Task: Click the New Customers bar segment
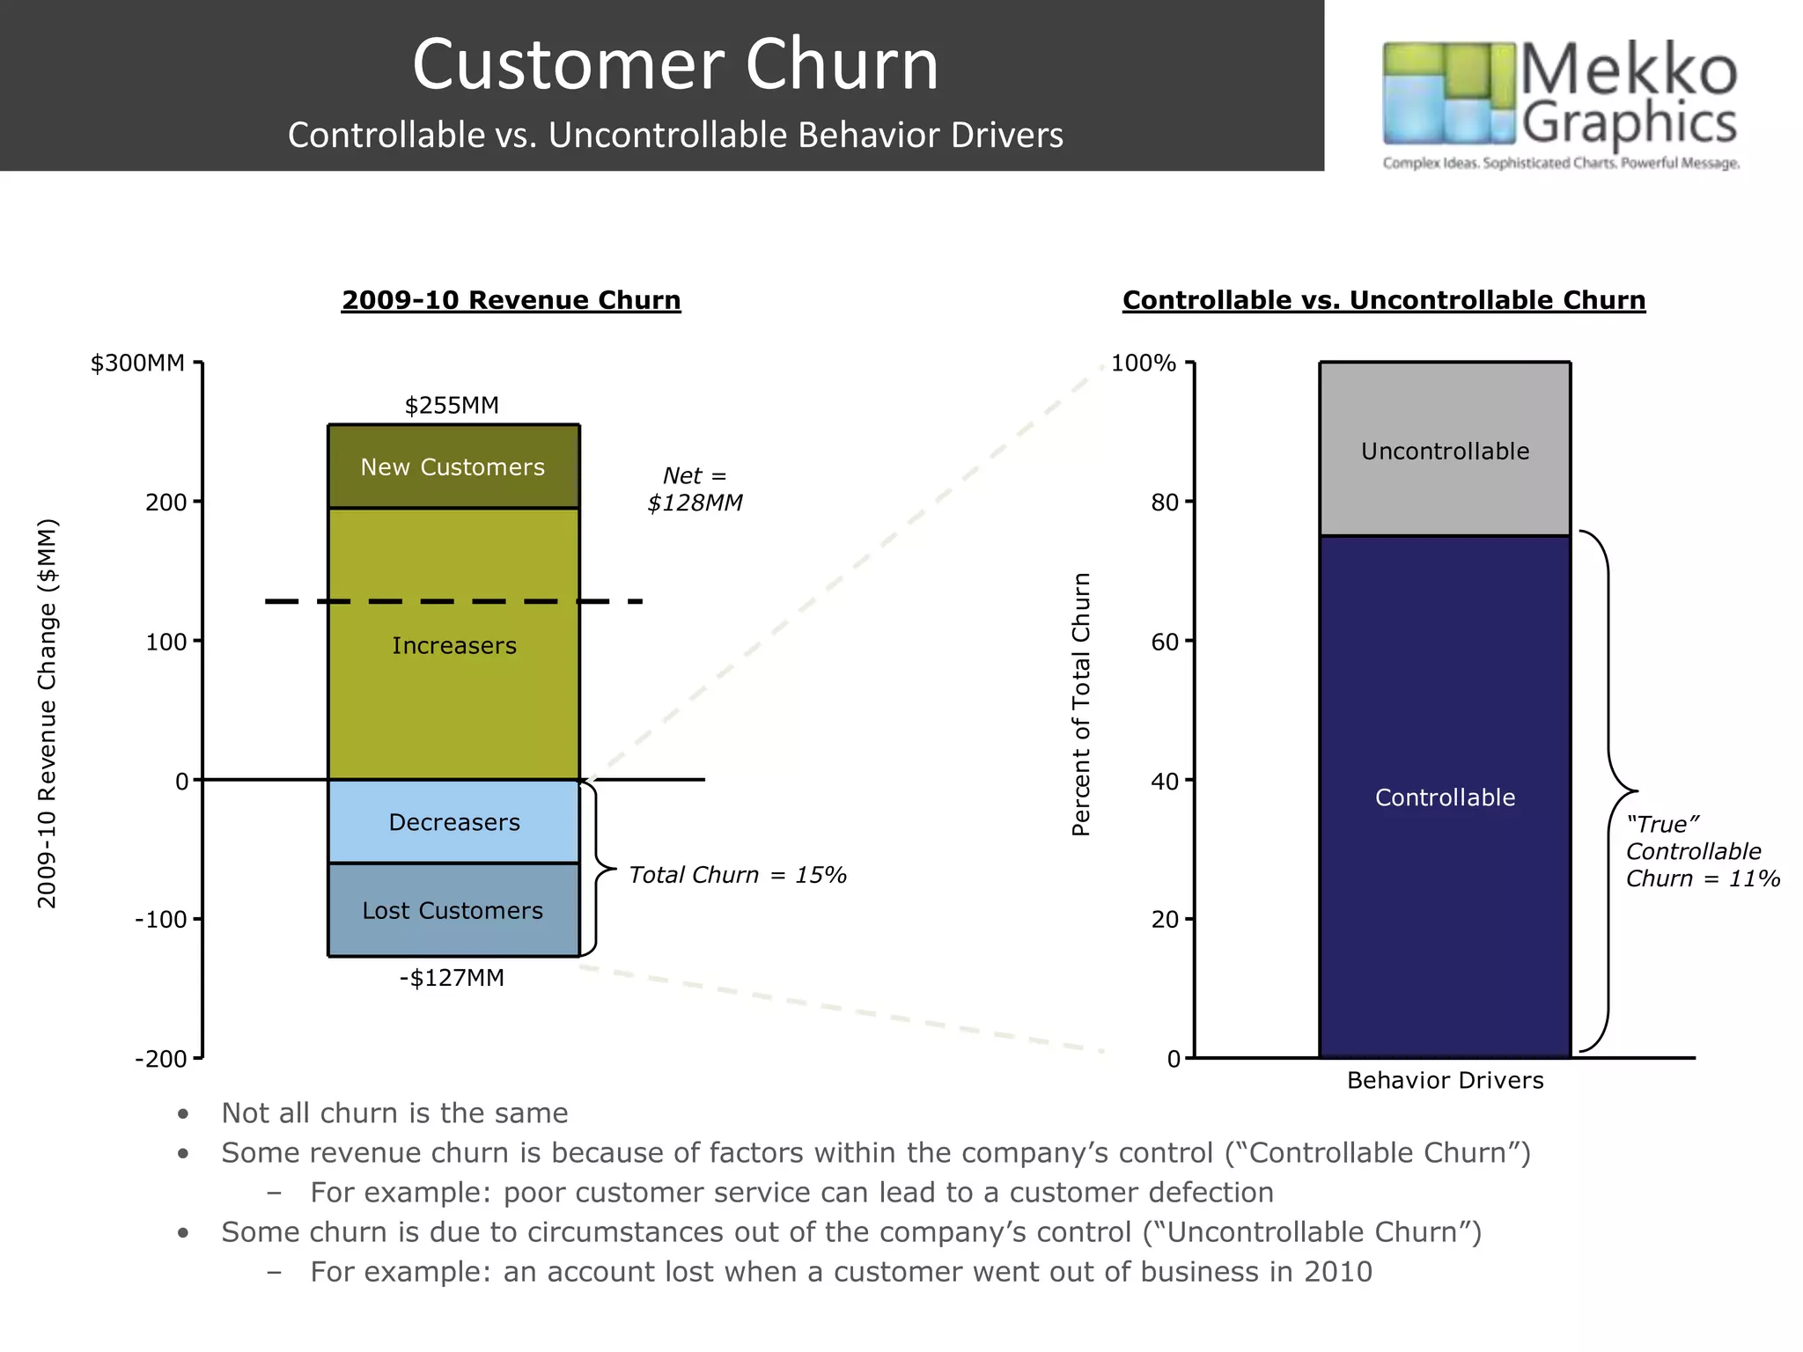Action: pyautogui.click(x=453, y=467)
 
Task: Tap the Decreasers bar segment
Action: pyautogui.click(x=453, y=821)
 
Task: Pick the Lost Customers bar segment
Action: pyautogui.click(x=453, y=910)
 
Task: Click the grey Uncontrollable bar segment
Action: pyautogui.click(x=1445, y=451)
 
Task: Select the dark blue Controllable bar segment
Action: pyautogui.click(x=1445, y=797)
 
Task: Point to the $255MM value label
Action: pyautogui.click(x=452, y=406)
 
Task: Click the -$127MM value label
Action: pyautogui.click(x=452, y=978)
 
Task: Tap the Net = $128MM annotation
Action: pyautogui.click(x=695, y=489)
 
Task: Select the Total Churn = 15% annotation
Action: pyautogui.click(x=737, y=875)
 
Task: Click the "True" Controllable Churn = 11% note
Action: pyautogui.click(x=1701, y=851)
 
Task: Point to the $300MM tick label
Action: pyautogui.click(x=137, y=363)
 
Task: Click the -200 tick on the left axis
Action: pyautogui.click(x=161, y=1059)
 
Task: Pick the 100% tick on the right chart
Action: pyautogui.click(x=1143, y=363)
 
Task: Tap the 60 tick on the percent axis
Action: pyautogui.click(x=1163, y=642)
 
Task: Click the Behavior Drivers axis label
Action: pyautogui.click(x=1445, y=1081)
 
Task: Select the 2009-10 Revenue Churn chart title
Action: pyautogui.click(x=511, y=300)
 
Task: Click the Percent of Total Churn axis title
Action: pyautogui.click(x=1081, y=704)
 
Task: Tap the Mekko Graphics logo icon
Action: pyautogui.click(x=1448, y=93)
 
